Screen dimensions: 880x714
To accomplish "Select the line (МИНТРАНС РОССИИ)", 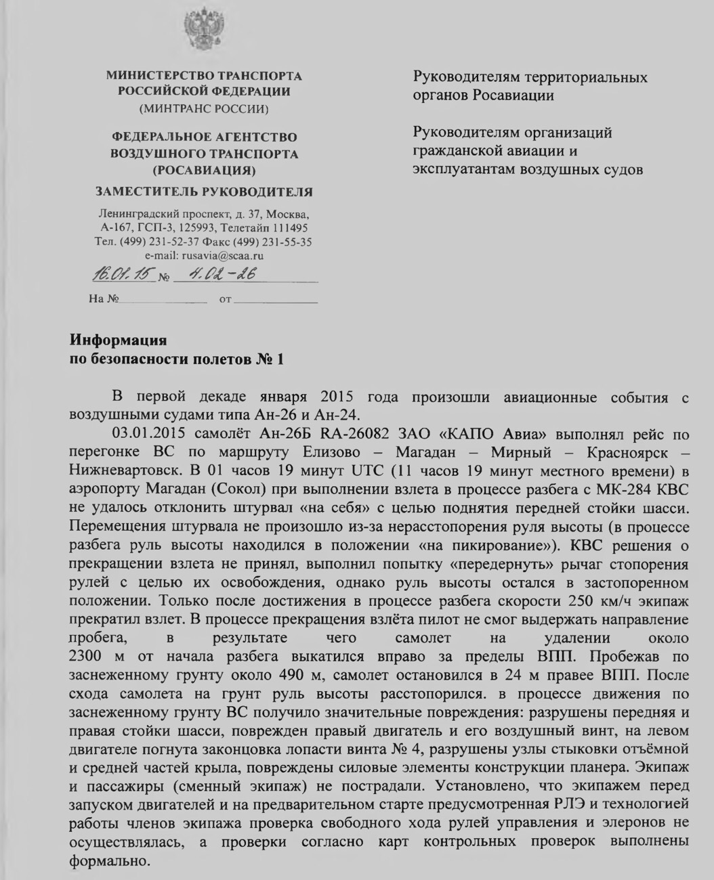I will (x=204, y=108).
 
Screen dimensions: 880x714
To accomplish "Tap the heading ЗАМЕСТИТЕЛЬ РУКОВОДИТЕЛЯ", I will (x=204, y=192).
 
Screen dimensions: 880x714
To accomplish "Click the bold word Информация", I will (x=119, y=339).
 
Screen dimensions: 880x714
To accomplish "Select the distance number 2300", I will (x=91, y=657).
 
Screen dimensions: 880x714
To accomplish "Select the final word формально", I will (x=108, y=861).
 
